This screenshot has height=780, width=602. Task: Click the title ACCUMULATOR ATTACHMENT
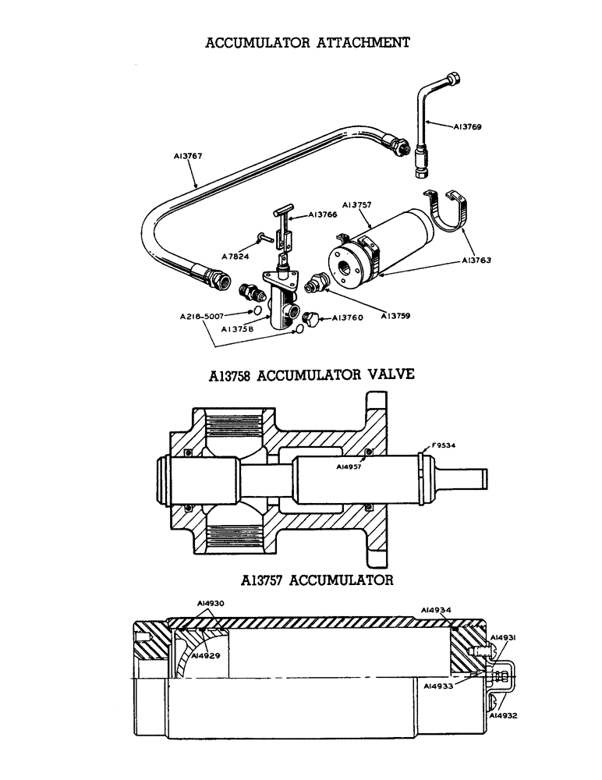pos(307,42)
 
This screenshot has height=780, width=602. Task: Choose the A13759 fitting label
pos(397,316)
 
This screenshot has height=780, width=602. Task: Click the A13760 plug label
pos(349,317)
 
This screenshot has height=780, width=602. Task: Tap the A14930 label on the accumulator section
pos(211,604)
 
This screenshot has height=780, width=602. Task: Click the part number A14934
pos(436,609)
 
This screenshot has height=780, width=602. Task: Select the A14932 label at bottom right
pos(504,714)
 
